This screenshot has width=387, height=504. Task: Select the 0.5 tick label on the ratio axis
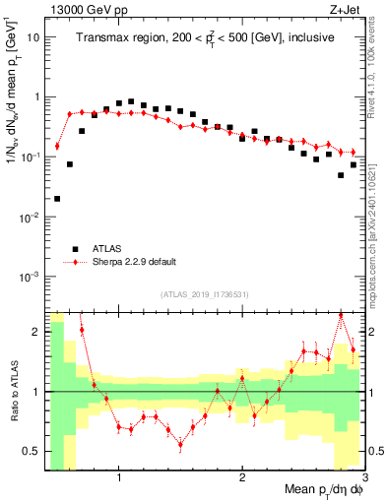coord(30,451)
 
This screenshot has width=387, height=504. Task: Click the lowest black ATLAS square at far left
coord(57,198)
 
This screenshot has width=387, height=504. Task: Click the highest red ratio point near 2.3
coord(341,315)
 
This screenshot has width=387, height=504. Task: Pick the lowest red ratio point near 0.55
coord(180,444)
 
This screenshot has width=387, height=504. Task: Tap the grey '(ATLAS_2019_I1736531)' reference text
coord(205,294)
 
